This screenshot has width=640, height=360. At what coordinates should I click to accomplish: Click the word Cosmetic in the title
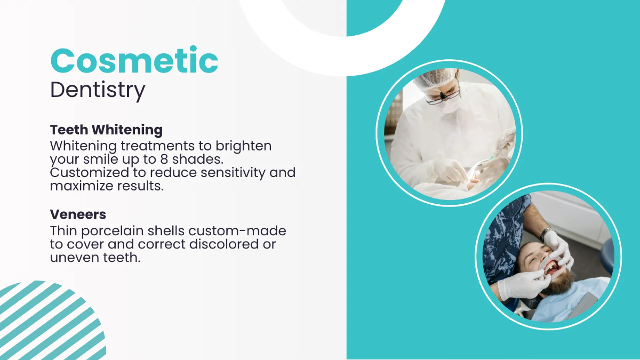click(134, 60)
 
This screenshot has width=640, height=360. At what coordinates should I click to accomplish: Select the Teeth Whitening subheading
click(106, 130)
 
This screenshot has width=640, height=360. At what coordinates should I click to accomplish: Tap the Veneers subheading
click(78, 214)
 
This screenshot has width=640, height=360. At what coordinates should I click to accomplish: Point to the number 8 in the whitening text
click(164, 159)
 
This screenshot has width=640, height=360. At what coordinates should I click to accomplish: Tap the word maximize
click(82, 186)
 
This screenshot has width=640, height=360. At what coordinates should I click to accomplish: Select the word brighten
click(243, 146)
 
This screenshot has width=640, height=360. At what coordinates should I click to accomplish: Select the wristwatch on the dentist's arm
click(546, 234)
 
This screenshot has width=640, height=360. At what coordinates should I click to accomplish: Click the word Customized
click(90, 173)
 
